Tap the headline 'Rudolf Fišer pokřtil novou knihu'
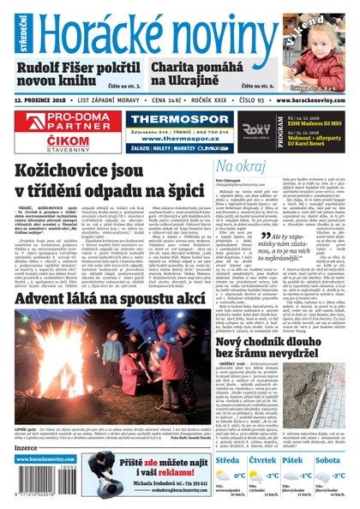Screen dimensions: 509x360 pyautogui.click(x=77, y=75)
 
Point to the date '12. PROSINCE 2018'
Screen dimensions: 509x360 pyautogui.click(x=42, y=101)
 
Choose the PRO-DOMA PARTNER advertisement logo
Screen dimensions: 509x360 pyautogui.click(x=60, y=121)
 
